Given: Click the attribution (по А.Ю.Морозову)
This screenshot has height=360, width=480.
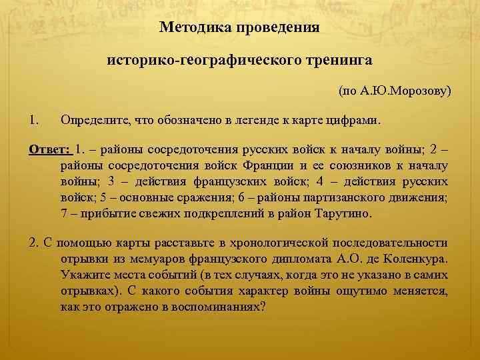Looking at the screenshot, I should coord(395,89).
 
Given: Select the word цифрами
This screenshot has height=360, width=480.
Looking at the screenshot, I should coord(355,120).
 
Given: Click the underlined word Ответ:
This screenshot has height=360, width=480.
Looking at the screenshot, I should coord(50,149).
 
